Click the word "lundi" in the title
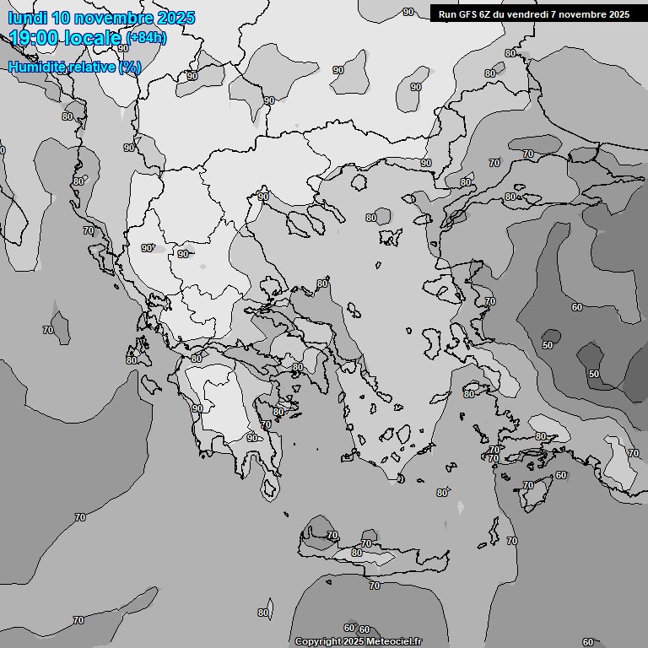pos(27,18)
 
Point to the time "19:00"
pos(35,37)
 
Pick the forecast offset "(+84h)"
pos(146,38)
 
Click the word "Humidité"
pos(38,67)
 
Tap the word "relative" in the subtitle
pos(92,67)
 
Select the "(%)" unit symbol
pos(130,67)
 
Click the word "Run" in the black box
pos(447,13)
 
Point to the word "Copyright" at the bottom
pos(317,642)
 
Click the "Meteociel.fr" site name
pos(394,642)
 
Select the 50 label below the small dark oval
pos(548,345)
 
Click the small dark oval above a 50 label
pos(551,335)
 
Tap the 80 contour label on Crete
pos(357,553)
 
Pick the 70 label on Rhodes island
pos(528,485)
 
